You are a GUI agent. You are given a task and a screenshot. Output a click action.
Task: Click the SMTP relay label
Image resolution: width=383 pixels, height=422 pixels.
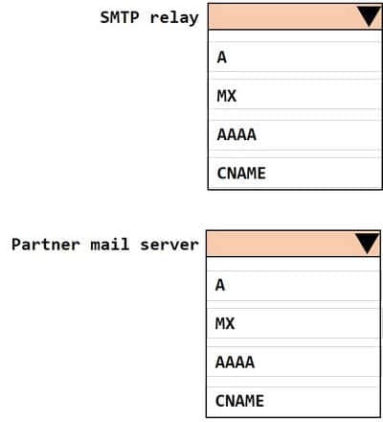coord(149,17)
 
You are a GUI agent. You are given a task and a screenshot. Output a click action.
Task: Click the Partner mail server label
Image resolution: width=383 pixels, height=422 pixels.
coord(105,245)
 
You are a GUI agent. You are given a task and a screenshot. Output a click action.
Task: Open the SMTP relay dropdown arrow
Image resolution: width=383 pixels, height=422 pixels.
coord(369,16)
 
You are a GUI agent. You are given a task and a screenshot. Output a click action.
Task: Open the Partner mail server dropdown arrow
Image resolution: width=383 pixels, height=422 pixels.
coord(367,244)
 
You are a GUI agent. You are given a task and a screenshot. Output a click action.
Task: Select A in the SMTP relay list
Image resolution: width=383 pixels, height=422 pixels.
coord(222,58)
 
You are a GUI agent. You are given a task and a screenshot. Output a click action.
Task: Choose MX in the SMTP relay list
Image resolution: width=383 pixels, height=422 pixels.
coord(227,96)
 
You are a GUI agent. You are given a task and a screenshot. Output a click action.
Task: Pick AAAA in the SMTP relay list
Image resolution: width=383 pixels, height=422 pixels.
coord(237,134)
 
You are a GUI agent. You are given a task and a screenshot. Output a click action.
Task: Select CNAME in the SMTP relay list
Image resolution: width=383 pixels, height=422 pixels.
coord(241,174)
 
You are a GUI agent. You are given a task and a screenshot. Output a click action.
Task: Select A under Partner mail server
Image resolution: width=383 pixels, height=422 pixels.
coord(220,285)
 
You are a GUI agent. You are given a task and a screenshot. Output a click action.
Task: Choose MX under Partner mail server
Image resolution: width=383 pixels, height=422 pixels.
coord(225,323)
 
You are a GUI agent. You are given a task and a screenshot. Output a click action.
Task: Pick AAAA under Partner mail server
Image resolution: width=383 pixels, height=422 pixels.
coord(235,363)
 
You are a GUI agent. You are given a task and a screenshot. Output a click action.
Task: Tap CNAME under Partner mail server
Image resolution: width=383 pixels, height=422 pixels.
coord(239,401)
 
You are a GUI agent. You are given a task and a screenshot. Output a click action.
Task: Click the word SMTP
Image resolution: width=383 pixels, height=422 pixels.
coord(120,17)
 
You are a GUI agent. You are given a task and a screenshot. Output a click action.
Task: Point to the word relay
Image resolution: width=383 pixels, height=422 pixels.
coord(174,18)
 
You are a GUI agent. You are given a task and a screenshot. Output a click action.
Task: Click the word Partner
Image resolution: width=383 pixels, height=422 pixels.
coord(46,245)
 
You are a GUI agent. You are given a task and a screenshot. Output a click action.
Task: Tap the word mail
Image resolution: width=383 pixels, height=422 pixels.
coord(110,245)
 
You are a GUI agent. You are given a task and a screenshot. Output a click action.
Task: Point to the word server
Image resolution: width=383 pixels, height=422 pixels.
coord(169,246)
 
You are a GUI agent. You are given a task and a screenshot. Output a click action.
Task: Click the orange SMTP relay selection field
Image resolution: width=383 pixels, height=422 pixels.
coord(295,16)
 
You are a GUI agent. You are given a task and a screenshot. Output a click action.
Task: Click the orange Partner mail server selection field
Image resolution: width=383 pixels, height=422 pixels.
coord(293,244)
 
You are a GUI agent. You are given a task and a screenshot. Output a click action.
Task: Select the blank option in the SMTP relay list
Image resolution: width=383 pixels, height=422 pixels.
coord(295,35)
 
